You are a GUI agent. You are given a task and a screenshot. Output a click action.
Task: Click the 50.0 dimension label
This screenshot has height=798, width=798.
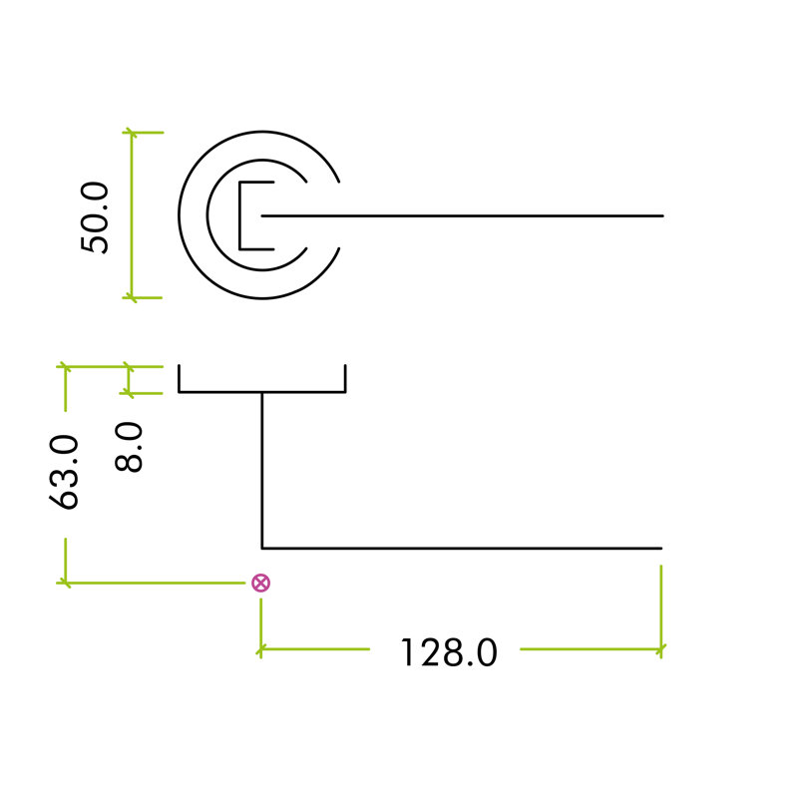pos(95,217)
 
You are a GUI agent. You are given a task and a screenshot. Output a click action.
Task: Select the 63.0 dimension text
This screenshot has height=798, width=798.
pos(64,472)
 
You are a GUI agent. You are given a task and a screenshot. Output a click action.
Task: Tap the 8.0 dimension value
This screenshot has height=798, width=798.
pos(129,447)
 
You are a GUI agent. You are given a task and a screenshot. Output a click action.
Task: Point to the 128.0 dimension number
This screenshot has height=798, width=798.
pos(448,652)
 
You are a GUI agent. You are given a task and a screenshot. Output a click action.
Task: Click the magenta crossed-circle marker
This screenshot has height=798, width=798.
pos(261,583)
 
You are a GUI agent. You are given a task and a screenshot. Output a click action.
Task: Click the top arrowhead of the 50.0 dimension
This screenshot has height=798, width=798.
pos(132,133)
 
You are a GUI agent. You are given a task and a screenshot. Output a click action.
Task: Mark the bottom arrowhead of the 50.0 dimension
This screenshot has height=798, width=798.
pos(132,297)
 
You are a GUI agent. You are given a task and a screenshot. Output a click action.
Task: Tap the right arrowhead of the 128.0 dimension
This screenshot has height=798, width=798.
pos(660,649)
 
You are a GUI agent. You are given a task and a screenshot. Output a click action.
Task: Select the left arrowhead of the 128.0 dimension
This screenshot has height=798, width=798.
pos(261,649)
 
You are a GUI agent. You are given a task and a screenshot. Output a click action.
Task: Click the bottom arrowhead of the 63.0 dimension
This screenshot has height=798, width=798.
pos(65,583)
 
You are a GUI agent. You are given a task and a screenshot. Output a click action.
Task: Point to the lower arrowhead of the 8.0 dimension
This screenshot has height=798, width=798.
pos(129,393)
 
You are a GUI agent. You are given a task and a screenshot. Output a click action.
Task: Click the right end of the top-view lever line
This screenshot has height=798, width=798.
pos(662,215)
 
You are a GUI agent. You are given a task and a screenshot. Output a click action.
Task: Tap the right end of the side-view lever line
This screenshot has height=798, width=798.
pos(661,548)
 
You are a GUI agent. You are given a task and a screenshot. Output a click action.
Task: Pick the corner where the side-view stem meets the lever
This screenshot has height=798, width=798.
pos(262,548)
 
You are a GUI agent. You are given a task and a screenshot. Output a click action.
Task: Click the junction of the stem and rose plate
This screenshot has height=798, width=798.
pos(262,392)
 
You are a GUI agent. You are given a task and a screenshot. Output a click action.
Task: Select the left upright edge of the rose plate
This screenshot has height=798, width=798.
pos(180,379)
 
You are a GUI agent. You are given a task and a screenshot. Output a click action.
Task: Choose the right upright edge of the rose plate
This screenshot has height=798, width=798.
pos(345,379)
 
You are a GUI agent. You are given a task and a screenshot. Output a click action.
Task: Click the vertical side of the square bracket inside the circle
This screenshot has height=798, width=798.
pos(240,215)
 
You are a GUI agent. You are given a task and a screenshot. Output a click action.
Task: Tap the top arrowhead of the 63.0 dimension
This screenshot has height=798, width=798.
pos(65,366)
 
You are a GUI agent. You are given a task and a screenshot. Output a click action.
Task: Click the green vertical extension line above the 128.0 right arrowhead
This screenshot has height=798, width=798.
pos(660,605)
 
